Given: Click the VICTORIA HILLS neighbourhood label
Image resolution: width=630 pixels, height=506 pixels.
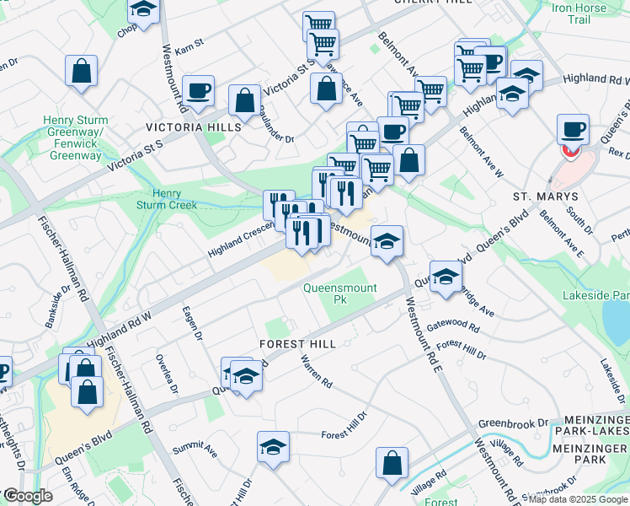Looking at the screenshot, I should [194, 126].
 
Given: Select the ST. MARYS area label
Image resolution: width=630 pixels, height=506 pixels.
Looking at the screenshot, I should [543, 195].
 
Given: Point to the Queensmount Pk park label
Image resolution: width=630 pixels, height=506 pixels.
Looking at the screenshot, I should [340, 293].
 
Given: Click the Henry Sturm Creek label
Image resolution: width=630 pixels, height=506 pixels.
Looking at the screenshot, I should [167, 199].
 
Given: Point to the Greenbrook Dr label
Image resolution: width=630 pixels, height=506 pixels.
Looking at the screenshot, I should [513, 423].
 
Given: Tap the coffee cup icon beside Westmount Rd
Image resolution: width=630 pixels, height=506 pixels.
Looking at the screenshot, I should [199, 91].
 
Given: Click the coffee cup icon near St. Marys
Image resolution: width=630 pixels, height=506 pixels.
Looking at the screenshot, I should [573, 130].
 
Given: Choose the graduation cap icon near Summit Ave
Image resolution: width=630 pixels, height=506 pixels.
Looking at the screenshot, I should [273, 447].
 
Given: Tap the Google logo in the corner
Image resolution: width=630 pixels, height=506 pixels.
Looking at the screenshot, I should [27, 496].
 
